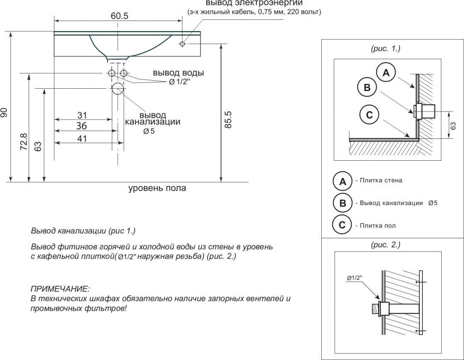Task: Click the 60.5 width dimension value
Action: [120, 16]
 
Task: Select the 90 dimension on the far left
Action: [4, 112]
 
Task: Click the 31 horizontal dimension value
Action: [82, 115]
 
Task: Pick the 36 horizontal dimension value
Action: [81, 126]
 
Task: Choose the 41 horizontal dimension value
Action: [82, 138]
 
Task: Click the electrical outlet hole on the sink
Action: [182, 43]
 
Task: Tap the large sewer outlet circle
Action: [117, 89]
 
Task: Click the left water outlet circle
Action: [111, 73]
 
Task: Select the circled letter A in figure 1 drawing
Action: [386, 72]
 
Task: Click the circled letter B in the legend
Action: [342, 203]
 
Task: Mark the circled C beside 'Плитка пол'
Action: [342, 225]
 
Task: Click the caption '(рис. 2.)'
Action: [385, 245]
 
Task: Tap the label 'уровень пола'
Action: [157, 188]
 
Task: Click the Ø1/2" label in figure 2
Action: [355, 278]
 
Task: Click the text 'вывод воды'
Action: [178, 73]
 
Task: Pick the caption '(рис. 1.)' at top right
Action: [385, 48]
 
